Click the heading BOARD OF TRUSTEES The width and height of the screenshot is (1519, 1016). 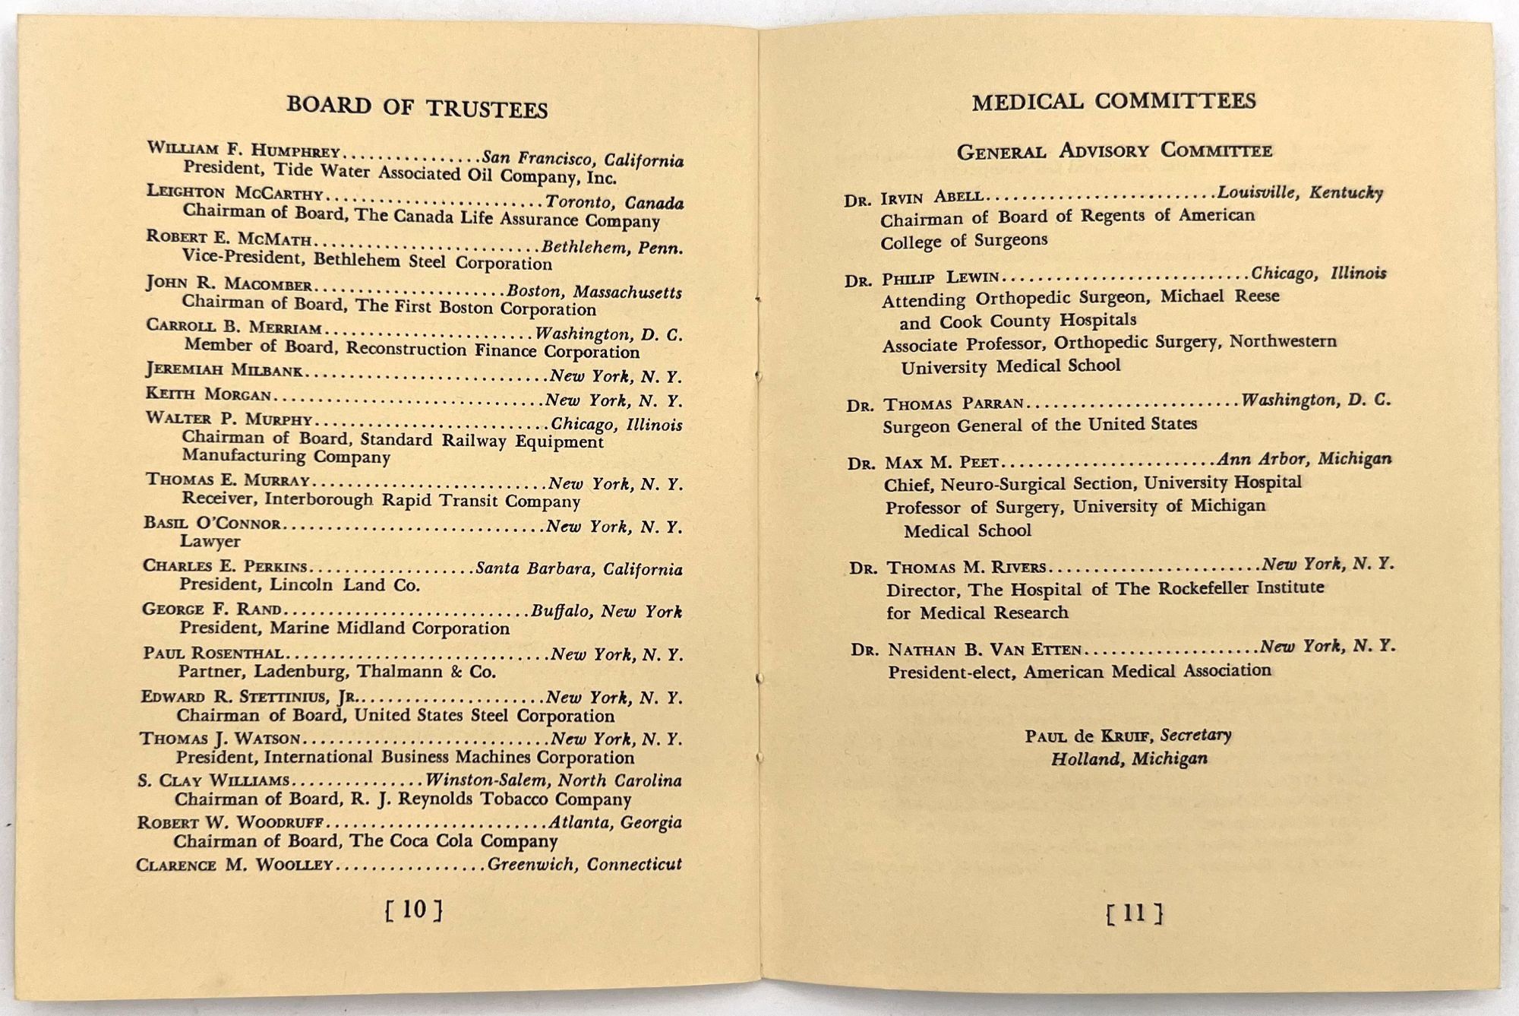[x=417, y=107]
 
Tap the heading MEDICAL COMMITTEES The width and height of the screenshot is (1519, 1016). [x=1113, y=102]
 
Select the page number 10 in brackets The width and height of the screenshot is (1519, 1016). [x=414, y=910]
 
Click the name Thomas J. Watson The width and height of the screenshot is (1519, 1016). [x=219, y=739]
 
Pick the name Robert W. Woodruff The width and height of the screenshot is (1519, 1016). [x=231, y=823]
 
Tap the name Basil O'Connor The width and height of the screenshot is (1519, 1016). [x=212, y=524]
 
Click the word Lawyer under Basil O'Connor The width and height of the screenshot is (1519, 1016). [x=210, y=541]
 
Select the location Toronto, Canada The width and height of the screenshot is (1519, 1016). [x=614, y=203]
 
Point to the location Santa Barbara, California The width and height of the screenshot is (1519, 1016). [x=579, y=569]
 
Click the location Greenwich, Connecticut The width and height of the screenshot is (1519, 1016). [x=584, y=864]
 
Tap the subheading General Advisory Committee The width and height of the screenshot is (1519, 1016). [x=1114, y=150]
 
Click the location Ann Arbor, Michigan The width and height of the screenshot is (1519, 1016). [x=1304, y=459]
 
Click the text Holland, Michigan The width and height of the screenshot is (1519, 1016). [x=1129, y=758]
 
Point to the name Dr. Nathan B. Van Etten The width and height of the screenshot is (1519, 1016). [x=966, y=650]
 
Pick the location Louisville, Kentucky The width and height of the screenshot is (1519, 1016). [x=1300, y=193]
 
